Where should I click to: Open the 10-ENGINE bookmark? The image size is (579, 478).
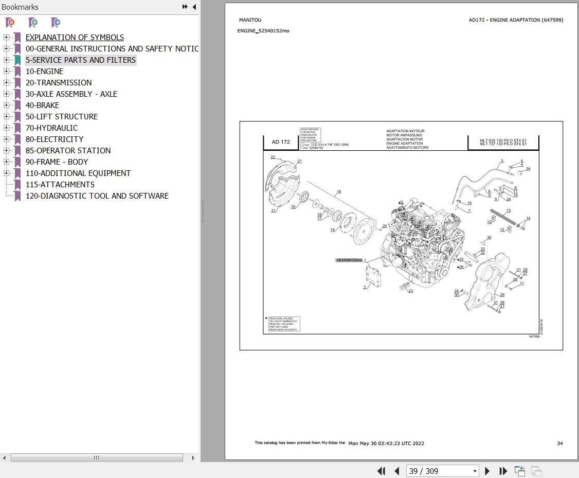tap(44, 72)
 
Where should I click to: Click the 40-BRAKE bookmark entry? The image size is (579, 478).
tap(42, 105)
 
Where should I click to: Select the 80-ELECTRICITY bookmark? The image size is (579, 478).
tap(54, 139)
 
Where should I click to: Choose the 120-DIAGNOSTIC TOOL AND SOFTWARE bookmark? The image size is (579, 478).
tap(97, 196)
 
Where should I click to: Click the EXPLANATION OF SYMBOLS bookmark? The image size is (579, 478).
tap(75, 38)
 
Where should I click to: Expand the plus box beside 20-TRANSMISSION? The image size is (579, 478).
tap(6, 83)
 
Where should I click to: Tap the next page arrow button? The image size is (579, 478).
tap(487, 471)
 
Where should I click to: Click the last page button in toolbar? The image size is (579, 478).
tap(503, 471)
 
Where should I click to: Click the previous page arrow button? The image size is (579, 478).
tap(397, 471)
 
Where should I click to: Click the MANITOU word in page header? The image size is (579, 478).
tap(250, 20)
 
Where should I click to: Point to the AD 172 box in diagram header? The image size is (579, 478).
tap(281, 142)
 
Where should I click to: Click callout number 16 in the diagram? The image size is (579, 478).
tap(339, 192)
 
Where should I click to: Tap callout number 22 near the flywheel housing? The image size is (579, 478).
tap(273, 157)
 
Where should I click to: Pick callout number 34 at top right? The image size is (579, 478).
tap(528, 169)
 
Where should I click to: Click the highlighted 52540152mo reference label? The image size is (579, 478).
tap(350, 260)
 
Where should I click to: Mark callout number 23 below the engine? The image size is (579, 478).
tap(410, 291)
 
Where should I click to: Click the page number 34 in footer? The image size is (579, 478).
tap(560, 443)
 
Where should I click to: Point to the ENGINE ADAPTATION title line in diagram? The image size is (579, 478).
tap(404, 144)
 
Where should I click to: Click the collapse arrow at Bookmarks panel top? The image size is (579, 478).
tap(194, 7)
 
